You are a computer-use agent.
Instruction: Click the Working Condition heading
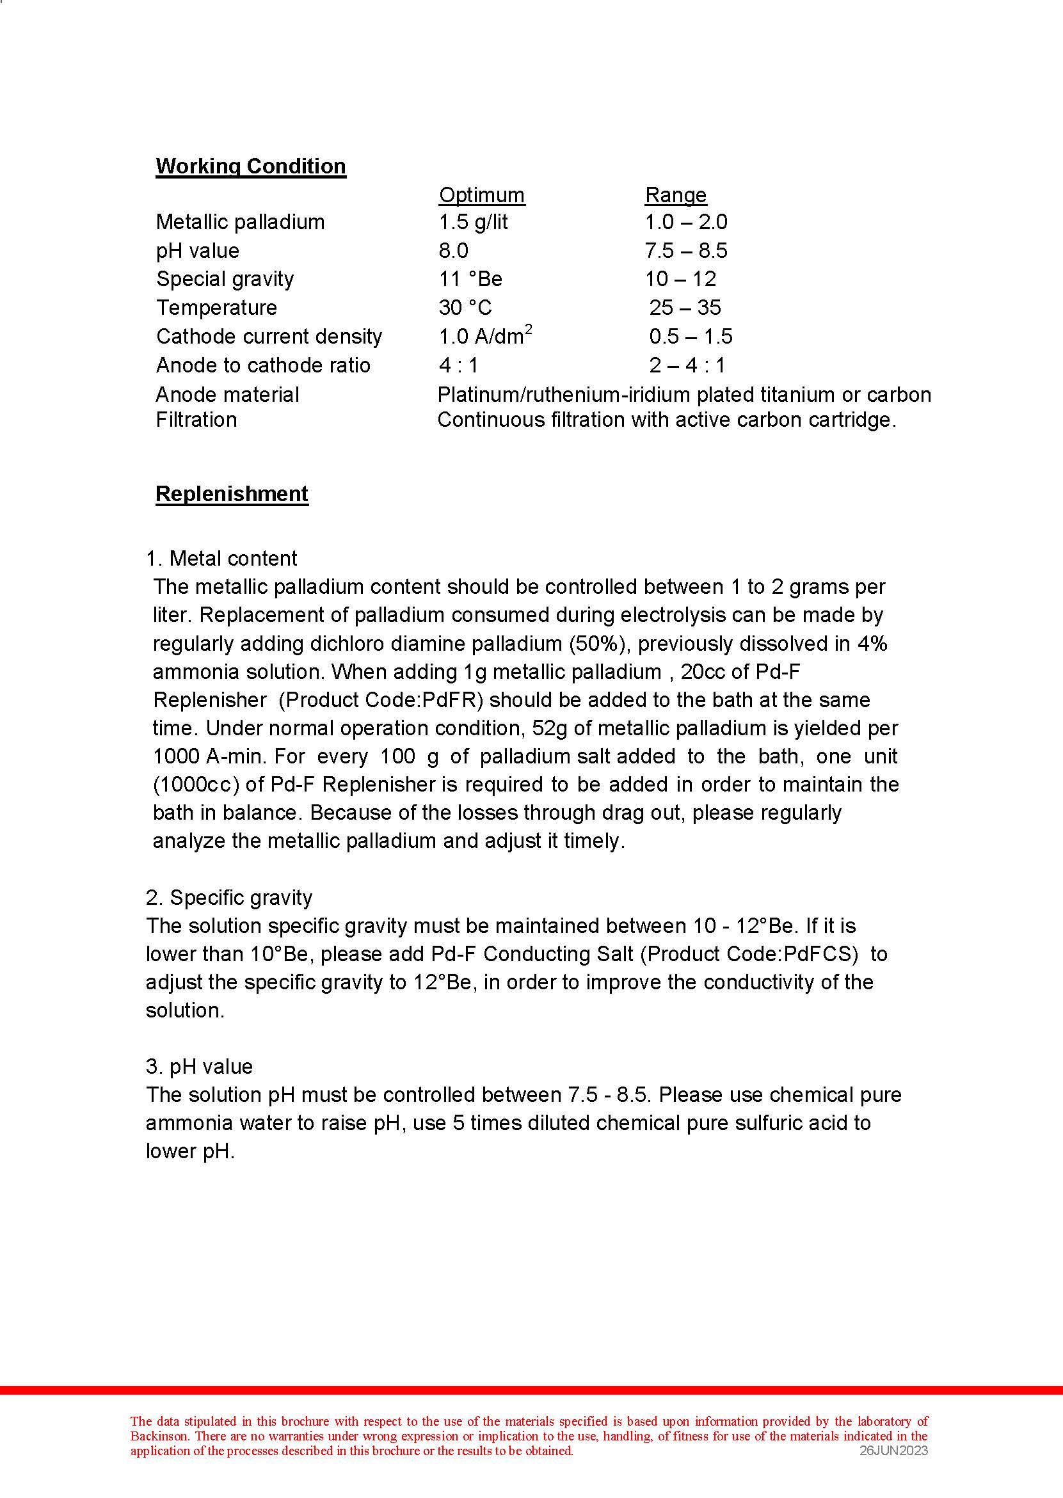[x=251, y=166]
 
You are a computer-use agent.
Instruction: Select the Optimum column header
[x=482, y=195]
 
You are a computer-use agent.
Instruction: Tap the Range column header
[x=676, y=195]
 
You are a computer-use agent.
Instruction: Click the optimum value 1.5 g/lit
[x=473, y=223]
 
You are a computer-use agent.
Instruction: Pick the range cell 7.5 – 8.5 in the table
[x=686, y=251]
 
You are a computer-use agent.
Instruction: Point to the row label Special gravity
[x=225, y=280]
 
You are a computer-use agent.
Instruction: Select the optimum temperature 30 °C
[x=465, y=308]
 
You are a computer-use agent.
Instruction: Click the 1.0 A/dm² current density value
[x=485, y=336]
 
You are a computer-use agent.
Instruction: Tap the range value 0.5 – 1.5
[x=691, y=337]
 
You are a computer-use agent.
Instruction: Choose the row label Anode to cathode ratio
[x=263, y=365]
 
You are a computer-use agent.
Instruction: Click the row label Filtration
[x=196, y=420]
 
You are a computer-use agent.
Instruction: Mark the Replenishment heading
[x=232, y=494]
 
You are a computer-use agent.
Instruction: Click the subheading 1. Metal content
[x=221, y=559]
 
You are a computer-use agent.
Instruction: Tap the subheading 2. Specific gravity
[x=229, y=898]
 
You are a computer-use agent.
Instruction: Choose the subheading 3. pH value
[x=199, y=1067]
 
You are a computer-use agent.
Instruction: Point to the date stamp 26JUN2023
[x=893, y=1450]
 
